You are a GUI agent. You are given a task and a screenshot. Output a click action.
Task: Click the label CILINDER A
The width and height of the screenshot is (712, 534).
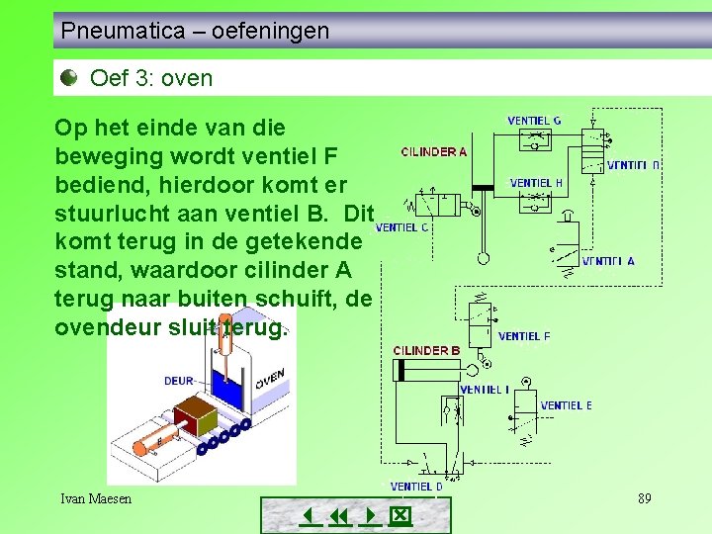point(433,151)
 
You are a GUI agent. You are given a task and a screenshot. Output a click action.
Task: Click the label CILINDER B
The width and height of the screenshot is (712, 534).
point(426,351)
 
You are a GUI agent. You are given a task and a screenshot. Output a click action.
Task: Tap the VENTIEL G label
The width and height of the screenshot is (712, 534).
point(534,121)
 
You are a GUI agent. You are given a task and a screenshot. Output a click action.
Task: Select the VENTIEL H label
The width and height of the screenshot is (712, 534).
point(536,183)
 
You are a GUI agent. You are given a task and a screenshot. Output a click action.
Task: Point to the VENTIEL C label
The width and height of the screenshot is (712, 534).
point(401,227)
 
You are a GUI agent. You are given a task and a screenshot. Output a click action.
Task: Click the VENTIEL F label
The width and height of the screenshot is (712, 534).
point(524,336)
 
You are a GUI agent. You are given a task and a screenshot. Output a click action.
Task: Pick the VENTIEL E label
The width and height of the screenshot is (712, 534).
point(567,405)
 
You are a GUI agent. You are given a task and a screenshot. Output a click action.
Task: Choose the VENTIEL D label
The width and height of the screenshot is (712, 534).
point(416,487)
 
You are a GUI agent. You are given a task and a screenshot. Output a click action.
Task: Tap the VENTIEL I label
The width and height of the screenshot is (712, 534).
point(485,390)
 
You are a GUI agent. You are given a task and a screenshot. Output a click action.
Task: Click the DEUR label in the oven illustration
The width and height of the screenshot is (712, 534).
point(179,381)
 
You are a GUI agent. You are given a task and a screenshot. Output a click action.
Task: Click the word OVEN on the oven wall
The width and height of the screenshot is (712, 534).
point(269,380)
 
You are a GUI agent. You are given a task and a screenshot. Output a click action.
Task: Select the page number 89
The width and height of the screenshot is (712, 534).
point(644,498)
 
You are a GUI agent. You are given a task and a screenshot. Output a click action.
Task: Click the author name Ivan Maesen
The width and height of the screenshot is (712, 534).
point(96,498)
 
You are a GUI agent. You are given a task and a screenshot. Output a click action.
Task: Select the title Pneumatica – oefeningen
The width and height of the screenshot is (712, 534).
point(195,31)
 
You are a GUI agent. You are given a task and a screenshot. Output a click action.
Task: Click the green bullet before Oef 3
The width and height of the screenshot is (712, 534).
point(68,77)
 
